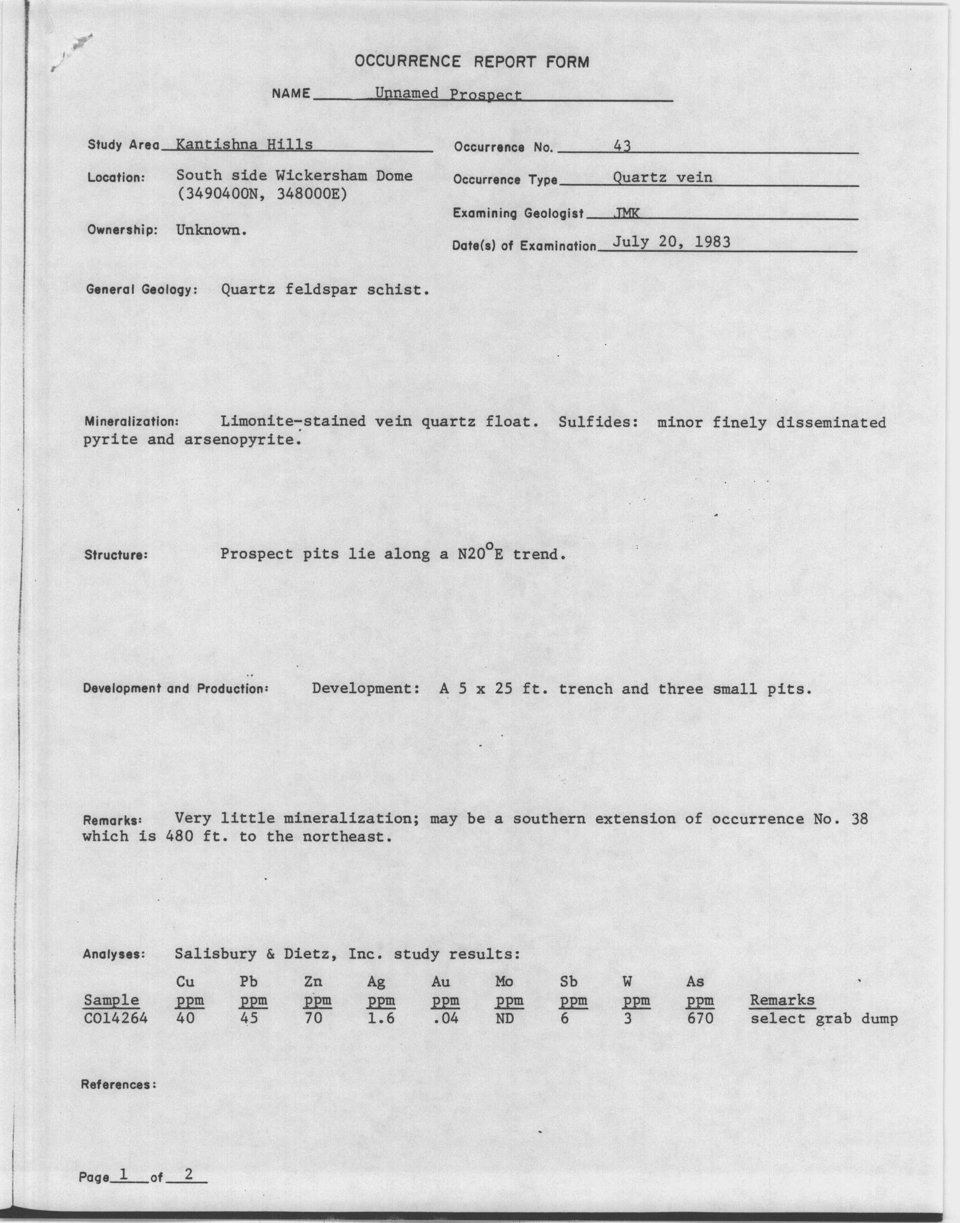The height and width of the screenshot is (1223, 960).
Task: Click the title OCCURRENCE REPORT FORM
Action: tap(472, 62)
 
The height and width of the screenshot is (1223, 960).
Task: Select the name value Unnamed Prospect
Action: tap(448, 94)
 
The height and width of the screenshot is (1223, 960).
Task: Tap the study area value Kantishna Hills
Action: tap(244, 145)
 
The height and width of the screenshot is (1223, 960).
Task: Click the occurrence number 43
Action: tap(622, 146)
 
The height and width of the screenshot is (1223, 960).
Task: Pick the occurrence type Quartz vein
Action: tap(662, 178)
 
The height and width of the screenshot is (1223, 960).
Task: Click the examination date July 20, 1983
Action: tap(671, 242)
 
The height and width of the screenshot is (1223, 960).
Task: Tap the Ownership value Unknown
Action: tap(211, 230)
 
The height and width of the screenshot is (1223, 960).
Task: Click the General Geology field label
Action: tap(142, 290)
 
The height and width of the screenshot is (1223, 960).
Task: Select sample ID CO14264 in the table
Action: tap(115, 1018)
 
